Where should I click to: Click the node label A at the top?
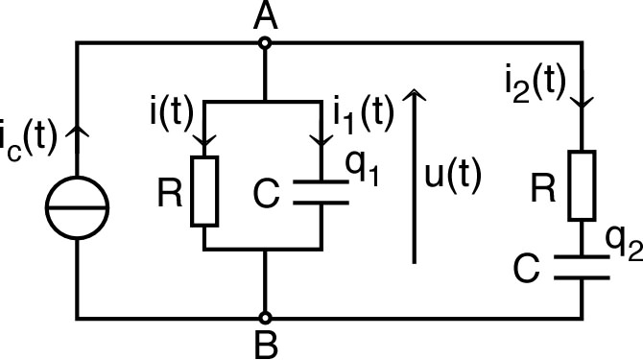[x=266, y=16]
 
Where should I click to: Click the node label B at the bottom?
[x=266, y=342]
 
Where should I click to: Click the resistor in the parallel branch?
[x=206, y=192]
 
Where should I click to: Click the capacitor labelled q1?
[x=320, y=191]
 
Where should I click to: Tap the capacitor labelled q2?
[x=583, y=266]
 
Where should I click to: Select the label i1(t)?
[x=362, y=111]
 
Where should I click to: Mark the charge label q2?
[x=622, y=247]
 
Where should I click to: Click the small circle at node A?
[x=266, y=41]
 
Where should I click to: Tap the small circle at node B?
[x=266, y=317]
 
